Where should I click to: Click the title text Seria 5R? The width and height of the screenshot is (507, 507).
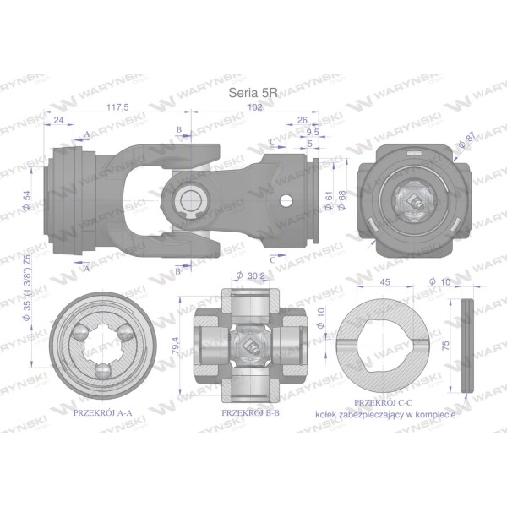253,93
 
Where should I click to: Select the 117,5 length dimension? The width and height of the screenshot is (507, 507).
117,107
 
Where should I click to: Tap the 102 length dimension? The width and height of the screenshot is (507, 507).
255,107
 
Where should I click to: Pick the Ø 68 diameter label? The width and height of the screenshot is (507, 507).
341,200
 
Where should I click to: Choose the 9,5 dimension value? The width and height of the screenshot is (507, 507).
313,132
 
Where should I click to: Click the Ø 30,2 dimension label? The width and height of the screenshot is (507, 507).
251,275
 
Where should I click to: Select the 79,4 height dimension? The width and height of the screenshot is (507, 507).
175,346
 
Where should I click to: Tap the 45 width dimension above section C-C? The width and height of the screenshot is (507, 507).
384,282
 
